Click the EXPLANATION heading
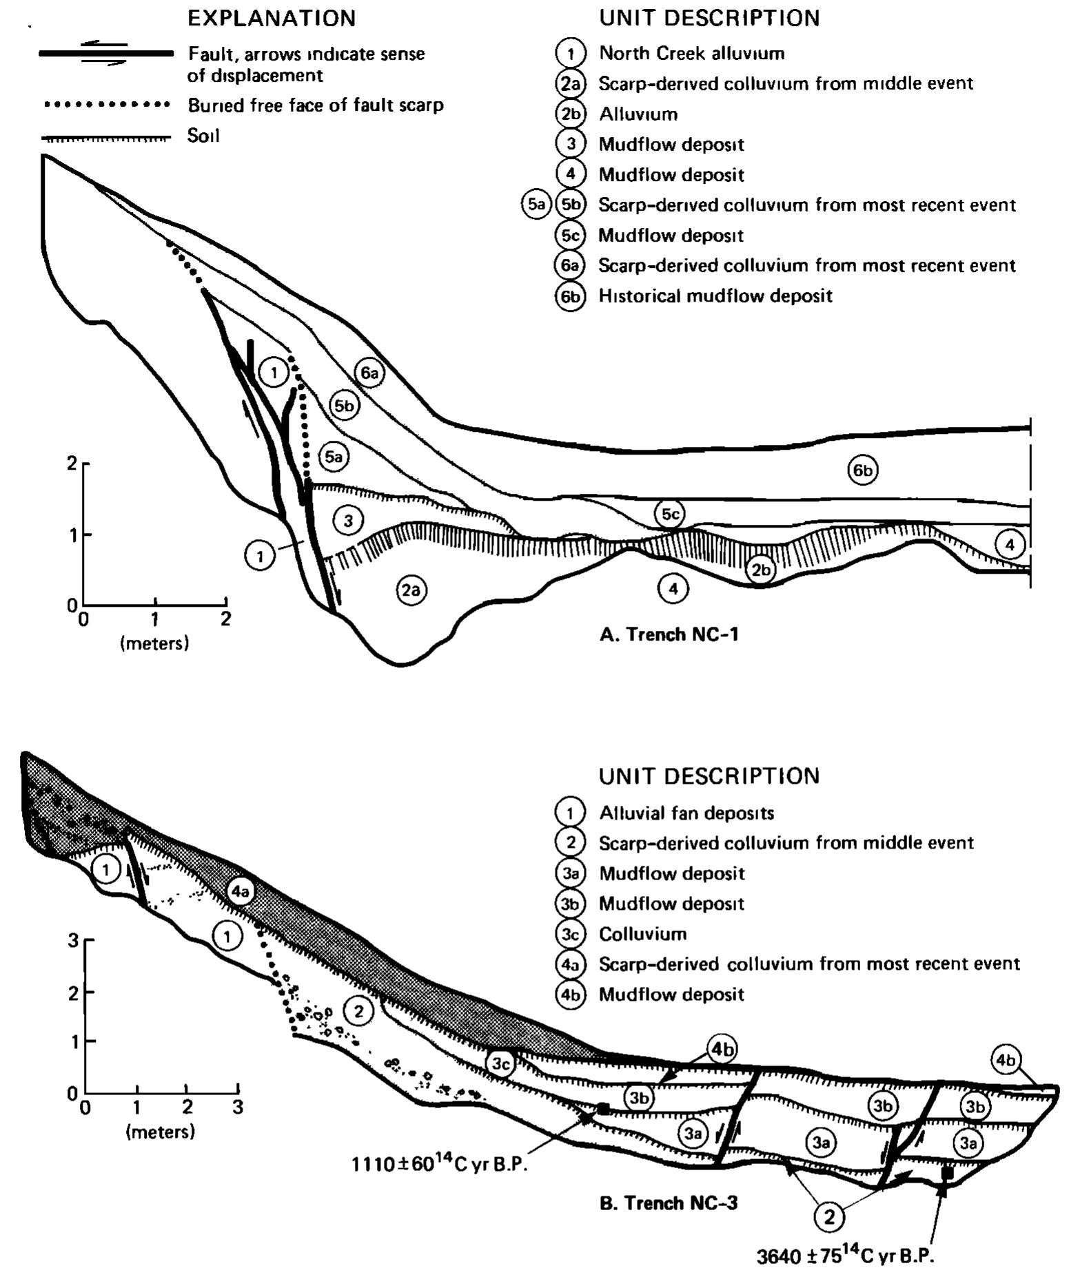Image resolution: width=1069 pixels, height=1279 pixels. click(272, 19)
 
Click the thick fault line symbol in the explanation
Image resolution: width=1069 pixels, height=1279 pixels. click(105, 54)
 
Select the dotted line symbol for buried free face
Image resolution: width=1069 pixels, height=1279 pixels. click(106, 105)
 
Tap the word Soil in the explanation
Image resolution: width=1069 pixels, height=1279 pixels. click(203, 136)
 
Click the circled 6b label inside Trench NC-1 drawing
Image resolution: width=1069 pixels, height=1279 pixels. click(863, 470)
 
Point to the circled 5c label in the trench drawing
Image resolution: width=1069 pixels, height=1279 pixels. click(670, 514)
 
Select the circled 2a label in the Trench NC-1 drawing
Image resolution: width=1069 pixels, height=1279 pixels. click(411, 590)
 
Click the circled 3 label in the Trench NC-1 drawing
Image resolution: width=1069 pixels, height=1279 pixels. click(348, 521)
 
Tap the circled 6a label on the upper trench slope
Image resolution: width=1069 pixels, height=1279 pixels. click(369, 373)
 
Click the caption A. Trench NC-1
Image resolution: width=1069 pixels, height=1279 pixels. click(669, 634)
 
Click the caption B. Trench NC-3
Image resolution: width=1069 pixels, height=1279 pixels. click(669, 1203)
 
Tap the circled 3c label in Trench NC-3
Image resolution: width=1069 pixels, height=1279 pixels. click(501, 1064)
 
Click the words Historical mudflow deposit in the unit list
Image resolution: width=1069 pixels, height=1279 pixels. click(715, 296)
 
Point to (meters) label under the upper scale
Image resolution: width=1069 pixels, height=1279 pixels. click(154, 644)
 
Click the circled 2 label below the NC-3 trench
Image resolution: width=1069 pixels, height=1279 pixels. click(829, 1217)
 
